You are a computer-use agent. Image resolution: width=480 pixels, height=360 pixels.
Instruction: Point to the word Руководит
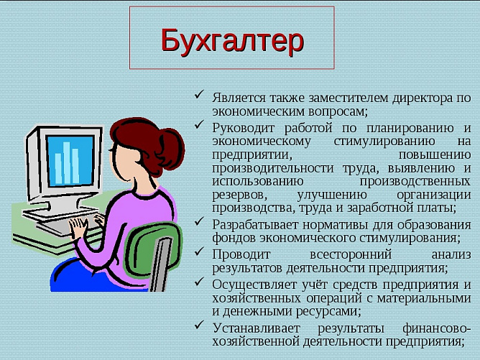pos(241,126)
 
